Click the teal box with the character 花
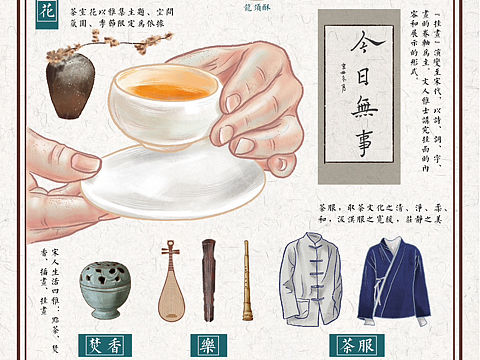tap(45, 11)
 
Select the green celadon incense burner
tap(105, 289)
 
